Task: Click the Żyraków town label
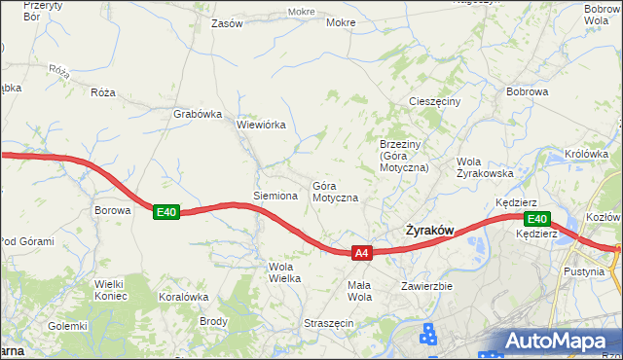[428, 231]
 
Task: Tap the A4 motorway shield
[361, 253]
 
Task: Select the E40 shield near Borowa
[165, 212]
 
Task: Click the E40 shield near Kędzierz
[537, 219]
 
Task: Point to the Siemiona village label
[275, 196]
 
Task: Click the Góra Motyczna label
[335, 191]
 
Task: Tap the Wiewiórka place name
[261, 125]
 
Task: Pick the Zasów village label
[227, 23]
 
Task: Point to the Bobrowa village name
[528, 91]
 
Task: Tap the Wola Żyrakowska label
[485, 167]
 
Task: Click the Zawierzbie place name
[426, 286]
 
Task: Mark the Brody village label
[213, 321]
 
